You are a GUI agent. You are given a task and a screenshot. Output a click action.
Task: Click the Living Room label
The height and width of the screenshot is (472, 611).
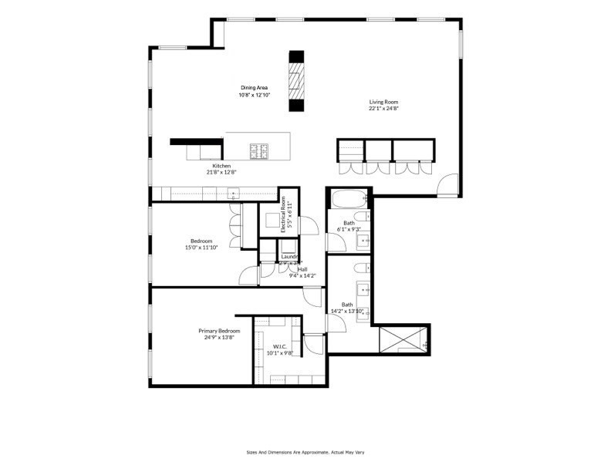click(x=383, y=102)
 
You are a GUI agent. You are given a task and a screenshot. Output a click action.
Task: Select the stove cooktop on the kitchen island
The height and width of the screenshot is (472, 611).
click(x=258, y=148)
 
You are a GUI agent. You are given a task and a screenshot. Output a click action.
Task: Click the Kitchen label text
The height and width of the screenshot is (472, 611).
click(x=221, y=166)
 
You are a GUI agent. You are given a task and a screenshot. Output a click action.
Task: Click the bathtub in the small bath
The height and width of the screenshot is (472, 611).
click(x=349, y=200)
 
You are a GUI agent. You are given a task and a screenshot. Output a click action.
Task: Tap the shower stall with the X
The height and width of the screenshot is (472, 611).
click(x=403, y=340)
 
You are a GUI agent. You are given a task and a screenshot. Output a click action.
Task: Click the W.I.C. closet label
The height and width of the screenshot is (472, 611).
click(x=278, y=347)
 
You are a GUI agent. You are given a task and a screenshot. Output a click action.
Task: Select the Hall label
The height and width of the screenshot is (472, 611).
click(x=302, y=269)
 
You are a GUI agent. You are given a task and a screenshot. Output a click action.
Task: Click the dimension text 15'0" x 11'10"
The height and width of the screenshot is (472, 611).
click(x=201, y=248)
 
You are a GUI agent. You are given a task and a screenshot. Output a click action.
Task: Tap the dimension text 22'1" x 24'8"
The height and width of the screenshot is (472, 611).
click(x=383, y=109)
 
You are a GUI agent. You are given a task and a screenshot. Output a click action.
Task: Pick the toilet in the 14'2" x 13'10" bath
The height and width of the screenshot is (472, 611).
click(x=360, y=270)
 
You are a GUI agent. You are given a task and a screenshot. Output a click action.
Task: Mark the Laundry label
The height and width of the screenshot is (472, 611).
click(x=289, y=257)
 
